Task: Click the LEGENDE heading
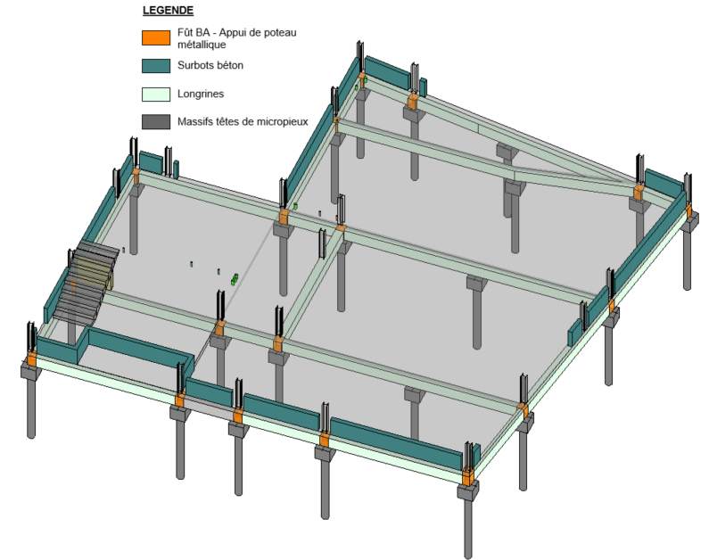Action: point(168,11)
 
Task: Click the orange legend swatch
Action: point(156,38)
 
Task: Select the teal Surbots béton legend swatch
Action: point(156,66)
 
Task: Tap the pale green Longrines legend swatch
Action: point(156,94)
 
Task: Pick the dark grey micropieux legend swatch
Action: point(156,122)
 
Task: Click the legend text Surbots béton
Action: point(210,65)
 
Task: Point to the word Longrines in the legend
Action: point(201,94)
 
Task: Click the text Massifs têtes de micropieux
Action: point(243,121)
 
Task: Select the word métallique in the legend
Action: point(202,45)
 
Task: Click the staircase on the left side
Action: point(86,283)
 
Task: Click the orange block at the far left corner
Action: point(31,359)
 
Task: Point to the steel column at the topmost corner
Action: point(360,56)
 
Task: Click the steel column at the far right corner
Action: point(688,188)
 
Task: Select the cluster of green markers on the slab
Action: point(235,279)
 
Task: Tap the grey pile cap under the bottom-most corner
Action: point(467,490)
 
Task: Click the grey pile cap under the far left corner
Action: point(31,372)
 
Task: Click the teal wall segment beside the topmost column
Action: point(387,72)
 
